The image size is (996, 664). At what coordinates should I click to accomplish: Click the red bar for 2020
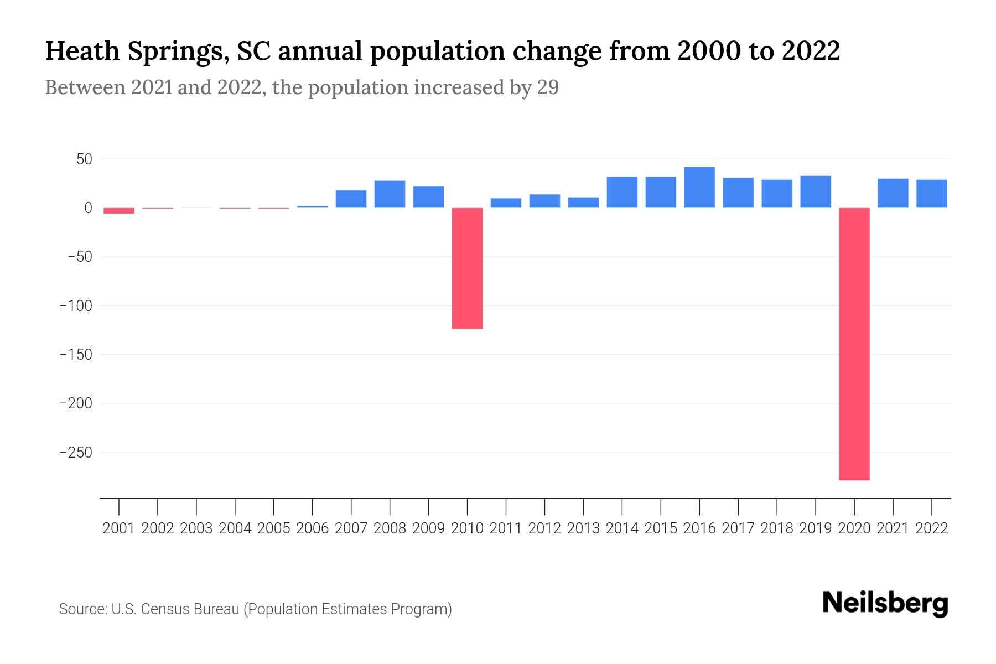(x=854, y=343)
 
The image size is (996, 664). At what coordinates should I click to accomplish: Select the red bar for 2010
(x=467, y=268)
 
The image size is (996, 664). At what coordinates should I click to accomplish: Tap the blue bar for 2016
(x=699, y=188)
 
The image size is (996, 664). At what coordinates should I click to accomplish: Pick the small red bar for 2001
(x=119, y=211)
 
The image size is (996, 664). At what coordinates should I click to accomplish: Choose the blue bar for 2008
(x=390, y=194)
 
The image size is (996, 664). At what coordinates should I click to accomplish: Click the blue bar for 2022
(x=932, y=194)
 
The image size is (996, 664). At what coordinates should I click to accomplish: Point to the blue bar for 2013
(x=583, y=203)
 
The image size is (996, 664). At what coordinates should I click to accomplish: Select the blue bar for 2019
(x=816, y=192)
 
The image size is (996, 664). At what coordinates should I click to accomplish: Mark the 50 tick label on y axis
(x=84, y=159)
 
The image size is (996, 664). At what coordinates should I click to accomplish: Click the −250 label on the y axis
(x=76, y=453)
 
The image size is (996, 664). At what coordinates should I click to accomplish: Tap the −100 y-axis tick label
(x=76, y=306)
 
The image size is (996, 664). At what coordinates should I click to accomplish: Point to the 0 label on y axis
(x=88, y=208)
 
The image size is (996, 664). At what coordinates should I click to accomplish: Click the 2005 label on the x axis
(x=274, y=528)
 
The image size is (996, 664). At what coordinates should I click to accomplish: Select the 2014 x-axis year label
(x=622, y=528)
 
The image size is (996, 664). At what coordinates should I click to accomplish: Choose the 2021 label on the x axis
(x=893, y=528)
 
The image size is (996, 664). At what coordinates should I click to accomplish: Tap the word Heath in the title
(x=82, y=51)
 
